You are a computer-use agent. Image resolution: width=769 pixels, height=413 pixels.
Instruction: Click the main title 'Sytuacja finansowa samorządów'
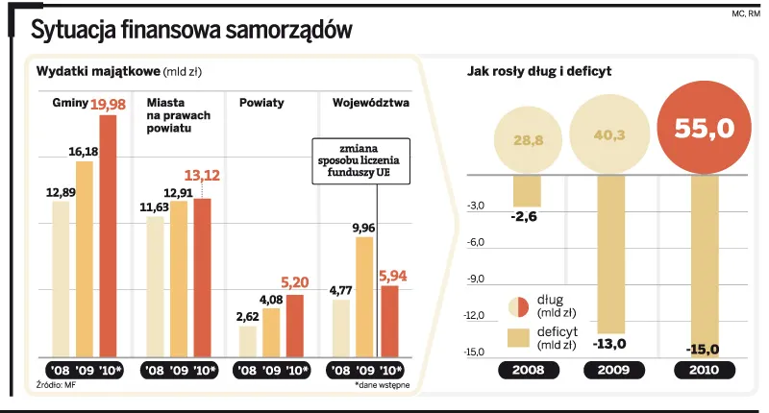[x=191, y=31]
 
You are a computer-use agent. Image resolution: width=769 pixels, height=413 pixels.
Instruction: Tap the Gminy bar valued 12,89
[x=61, y=279]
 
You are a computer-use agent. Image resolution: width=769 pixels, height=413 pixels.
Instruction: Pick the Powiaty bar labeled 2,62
[x=248, y=341]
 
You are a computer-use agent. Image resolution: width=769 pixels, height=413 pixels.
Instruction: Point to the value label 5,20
[x=295, y=282]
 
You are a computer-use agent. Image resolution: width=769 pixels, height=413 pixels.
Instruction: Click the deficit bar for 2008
[x=528, y=191]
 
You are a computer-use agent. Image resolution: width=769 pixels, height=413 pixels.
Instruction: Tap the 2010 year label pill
[x=705, y=371]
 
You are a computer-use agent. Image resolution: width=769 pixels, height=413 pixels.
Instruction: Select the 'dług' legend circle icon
[x=519, y=306]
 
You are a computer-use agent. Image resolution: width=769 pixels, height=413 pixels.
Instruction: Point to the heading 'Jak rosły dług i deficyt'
[x=539, y=71]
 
